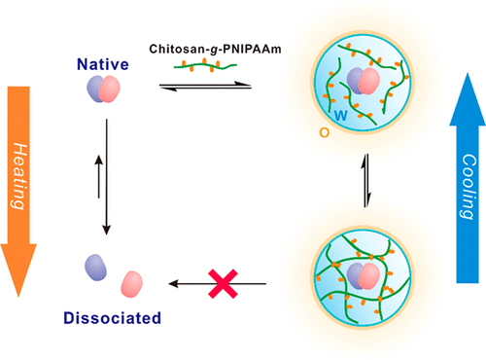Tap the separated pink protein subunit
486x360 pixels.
132,285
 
